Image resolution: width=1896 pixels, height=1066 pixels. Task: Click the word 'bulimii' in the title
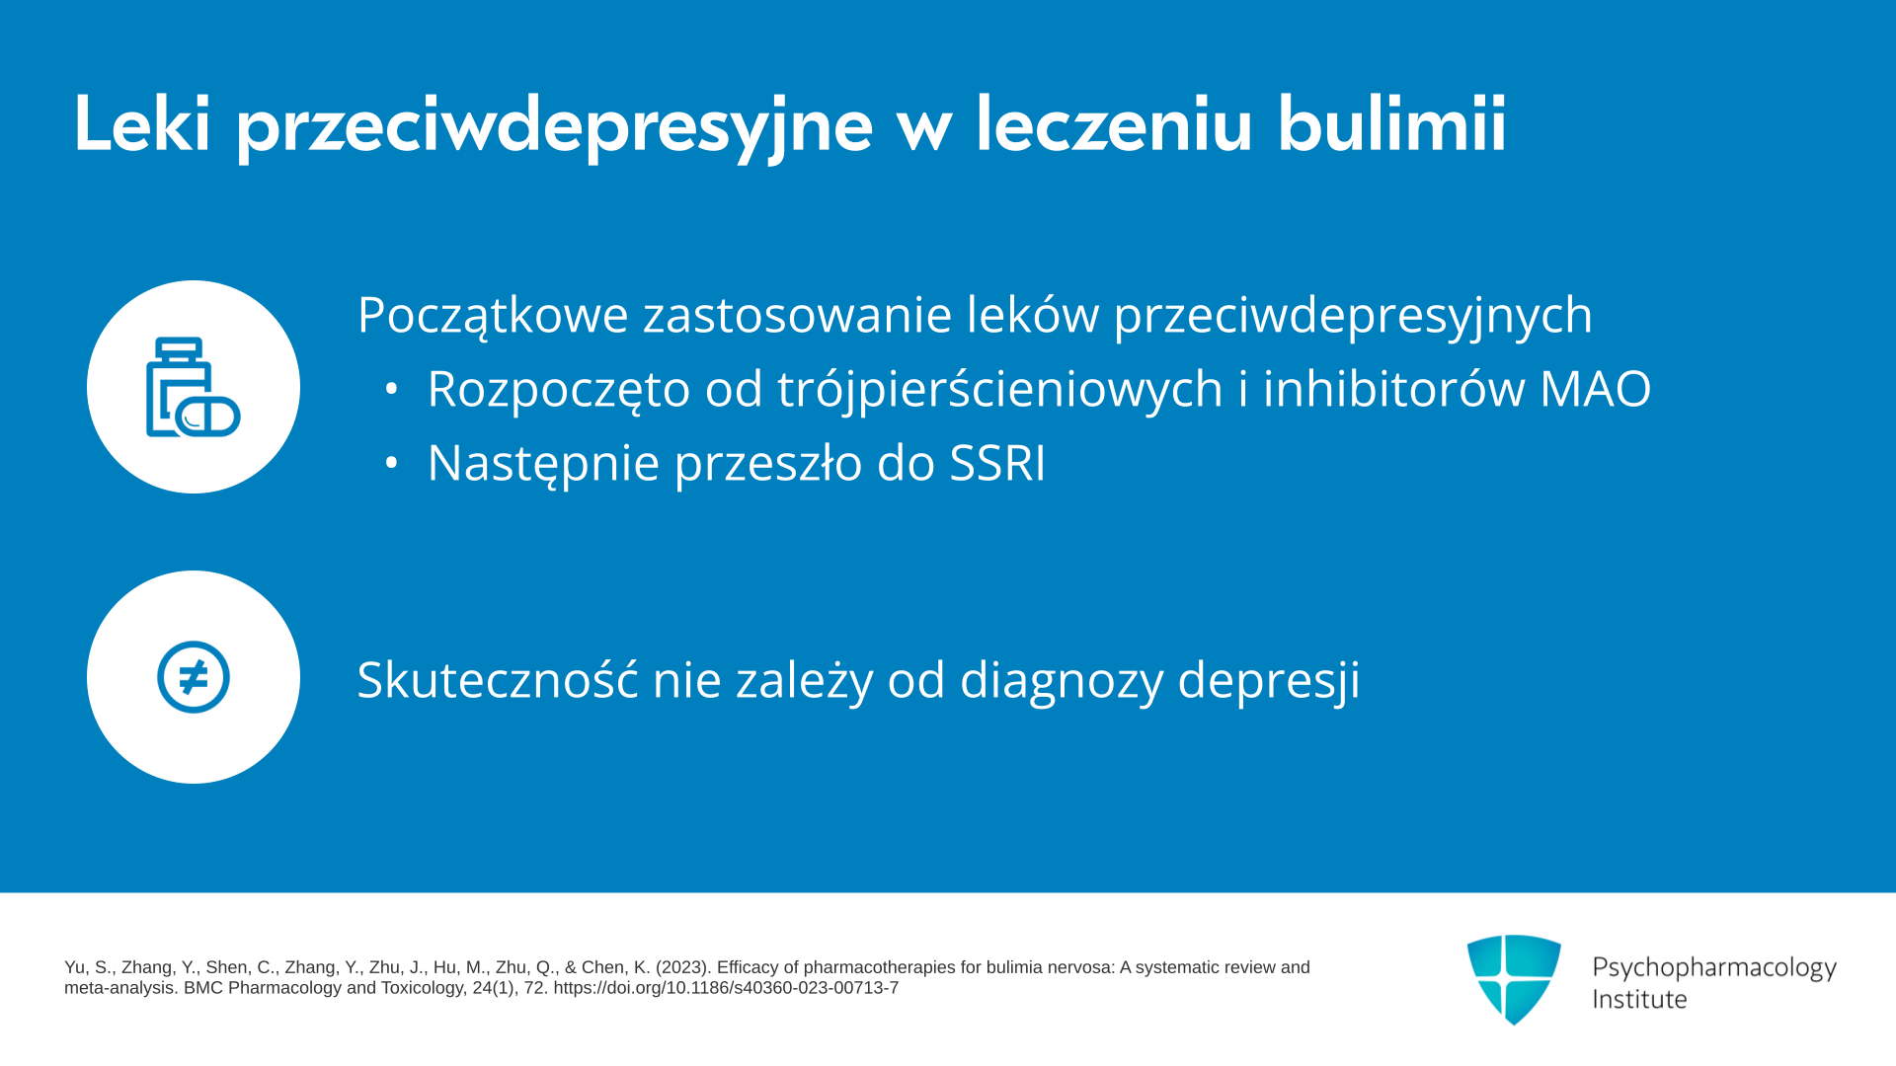click(1391, 124)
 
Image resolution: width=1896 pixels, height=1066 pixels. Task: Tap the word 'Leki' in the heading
click(142, 124)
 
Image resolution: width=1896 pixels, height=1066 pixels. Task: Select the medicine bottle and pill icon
click(194, 387)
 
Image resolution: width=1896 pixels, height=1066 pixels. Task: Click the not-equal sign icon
click(194, 677)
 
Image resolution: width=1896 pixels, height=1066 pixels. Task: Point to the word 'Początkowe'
click(493, 316)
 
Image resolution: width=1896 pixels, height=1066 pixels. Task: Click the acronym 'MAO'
click(1595, 389)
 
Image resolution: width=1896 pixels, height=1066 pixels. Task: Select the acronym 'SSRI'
click(997, 463)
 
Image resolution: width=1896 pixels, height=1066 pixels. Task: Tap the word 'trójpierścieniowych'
click(1000, 390)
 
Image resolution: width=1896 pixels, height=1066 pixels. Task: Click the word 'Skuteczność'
click(498, 680)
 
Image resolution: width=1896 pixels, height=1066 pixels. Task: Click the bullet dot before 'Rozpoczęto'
click(392, 389)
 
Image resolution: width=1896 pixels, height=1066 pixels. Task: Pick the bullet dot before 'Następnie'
click(392, 462)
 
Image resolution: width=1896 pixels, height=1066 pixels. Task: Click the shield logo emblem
click(1514, 979)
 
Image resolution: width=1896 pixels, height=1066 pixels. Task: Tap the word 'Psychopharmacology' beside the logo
click(1714, 967)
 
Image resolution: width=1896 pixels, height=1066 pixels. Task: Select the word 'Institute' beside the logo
click(1639, 1000)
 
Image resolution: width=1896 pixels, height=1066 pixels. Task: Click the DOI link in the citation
click(726, 988)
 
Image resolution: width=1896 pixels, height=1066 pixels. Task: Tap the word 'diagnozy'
click(1062, 681)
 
